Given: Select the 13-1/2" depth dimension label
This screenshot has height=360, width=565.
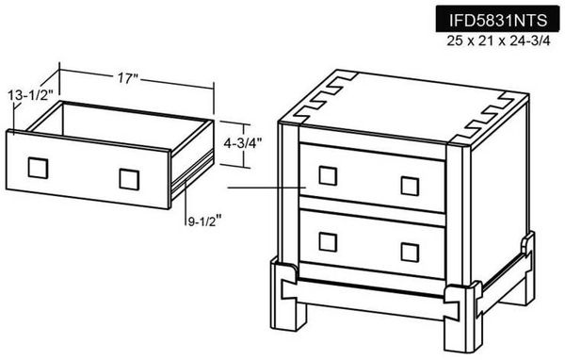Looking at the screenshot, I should tap(27, 94).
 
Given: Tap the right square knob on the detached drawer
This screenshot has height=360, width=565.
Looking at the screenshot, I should tap(129, 178).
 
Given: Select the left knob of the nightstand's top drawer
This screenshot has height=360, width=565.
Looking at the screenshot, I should tap(327, 174).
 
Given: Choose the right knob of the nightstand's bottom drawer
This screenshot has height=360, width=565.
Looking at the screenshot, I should tap(410, 252).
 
